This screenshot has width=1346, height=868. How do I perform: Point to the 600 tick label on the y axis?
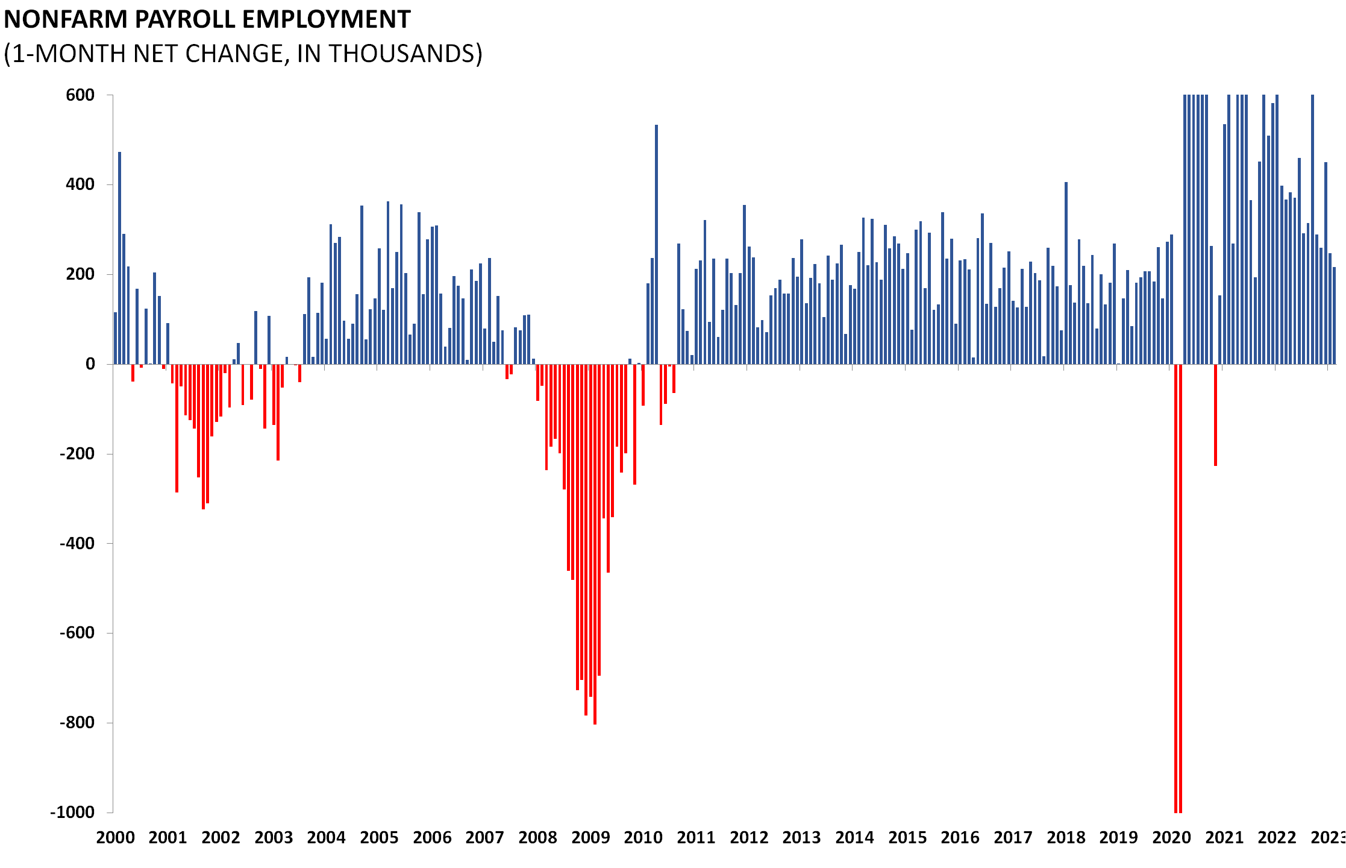[80, 95]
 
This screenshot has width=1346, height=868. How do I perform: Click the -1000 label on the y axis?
[72, 812]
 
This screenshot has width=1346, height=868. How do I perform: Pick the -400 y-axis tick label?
[77, 543]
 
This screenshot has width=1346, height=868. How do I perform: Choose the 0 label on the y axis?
[90, 364]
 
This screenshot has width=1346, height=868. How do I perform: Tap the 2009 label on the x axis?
[590, 838]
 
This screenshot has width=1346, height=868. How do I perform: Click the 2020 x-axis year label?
[1171, 838]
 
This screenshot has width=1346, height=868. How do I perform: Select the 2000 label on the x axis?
[116, 838]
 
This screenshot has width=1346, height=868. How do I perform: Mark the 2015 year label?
[907, 838]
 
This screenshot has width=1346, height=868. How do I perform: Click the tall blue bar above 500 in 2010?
[656, 241]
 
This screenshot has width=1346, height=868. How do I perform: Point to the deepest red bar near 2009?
[595, 542]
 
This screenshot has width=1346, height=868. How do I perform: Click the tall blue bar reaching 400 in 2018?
[1066, 271]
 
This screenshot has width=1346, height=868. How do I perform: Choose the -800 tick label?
[77, 722]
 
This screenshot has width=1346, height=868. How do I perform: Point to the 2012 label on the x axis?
[749, 838]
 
